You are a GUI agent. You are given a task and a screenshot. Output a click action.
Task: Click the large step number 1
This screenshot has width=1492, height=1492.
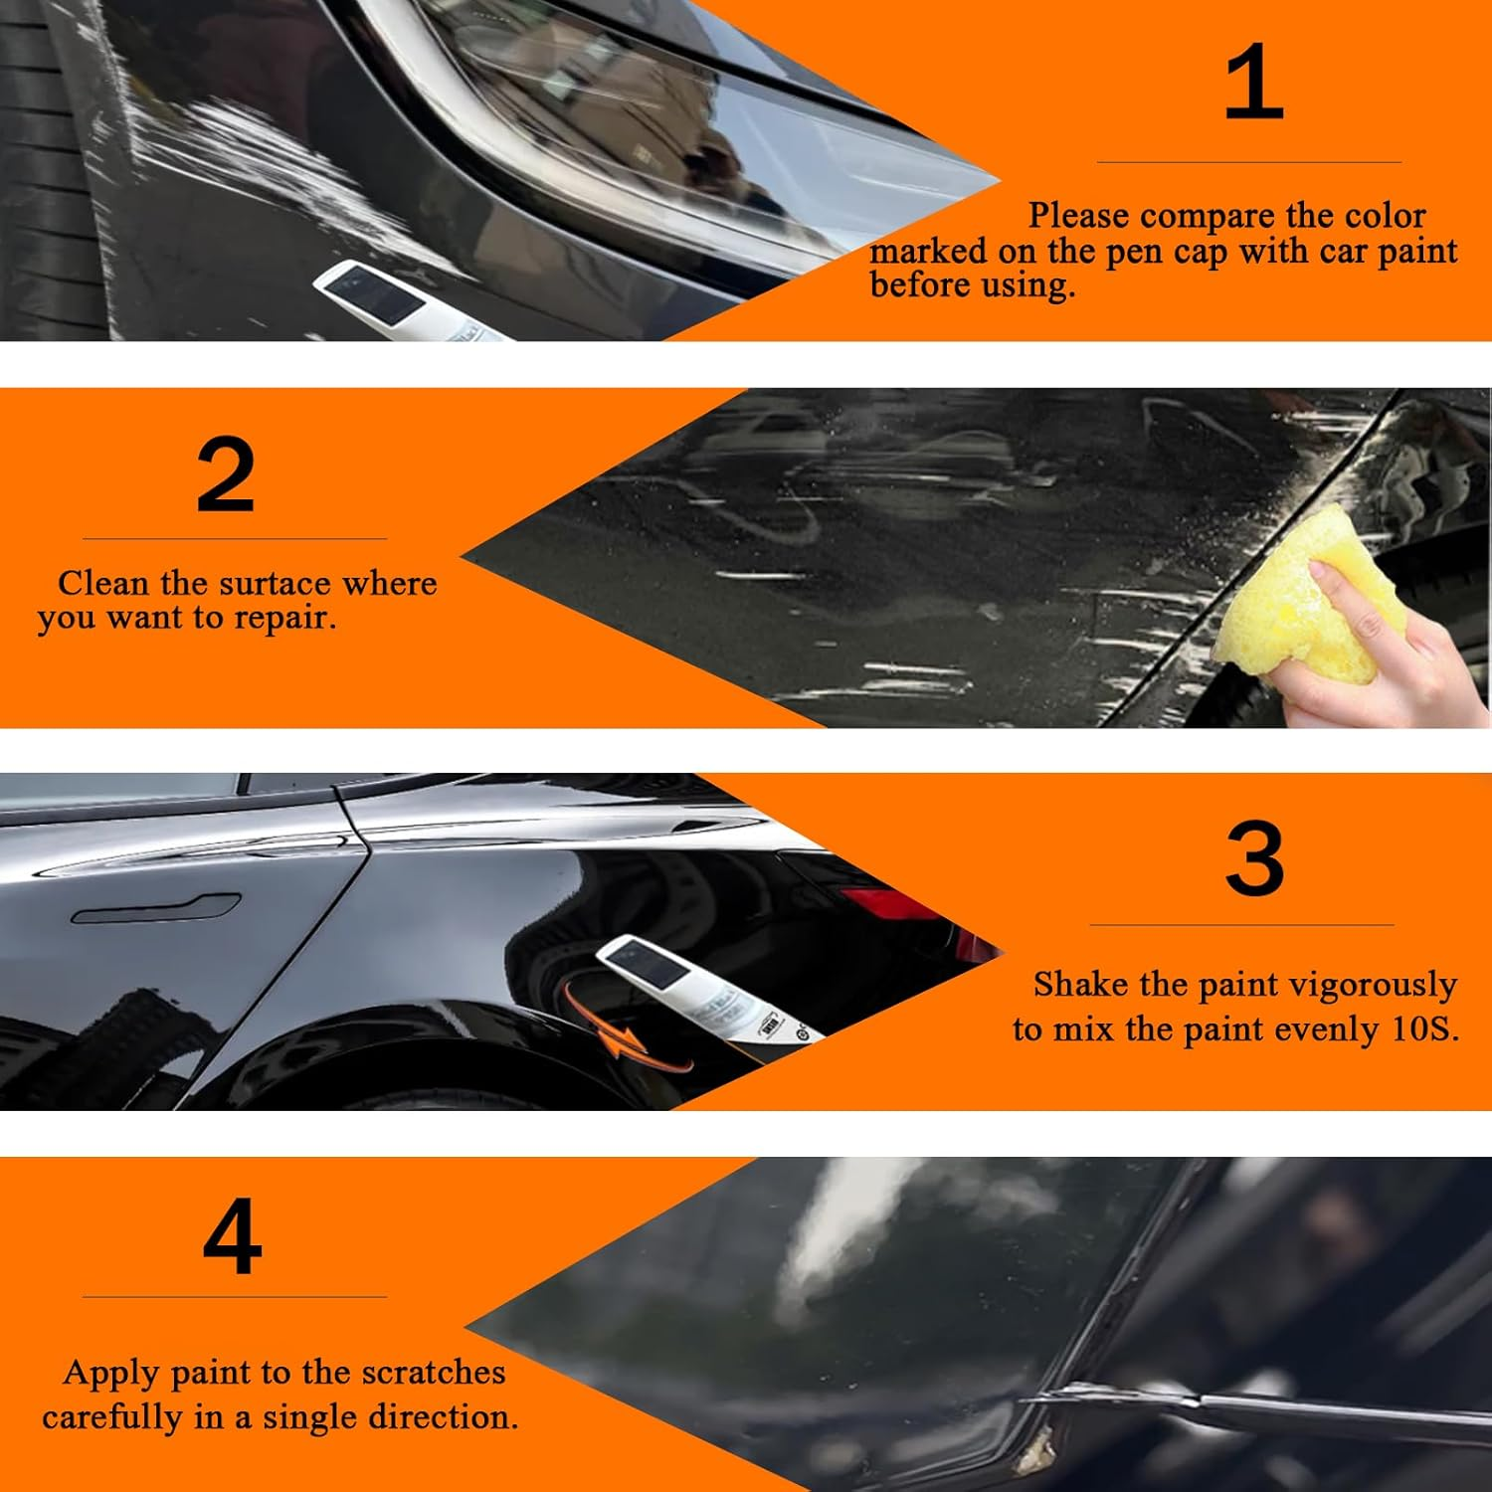[1253, 83]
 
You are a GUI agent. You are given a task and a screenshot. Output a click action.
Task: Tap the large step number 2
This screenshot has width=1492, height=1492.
[226, 476]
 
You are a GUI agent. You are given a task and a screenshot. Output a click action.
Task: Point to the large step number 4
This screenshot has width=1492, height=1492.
[232, 1236]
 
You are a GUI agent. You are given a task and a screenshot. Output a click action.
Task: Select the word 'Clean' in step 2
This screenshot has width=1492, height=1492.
[99, 583]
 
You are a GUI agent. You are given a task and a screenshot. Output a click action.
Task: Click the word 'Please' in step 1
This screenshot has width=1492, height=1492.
[1080, 216]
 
